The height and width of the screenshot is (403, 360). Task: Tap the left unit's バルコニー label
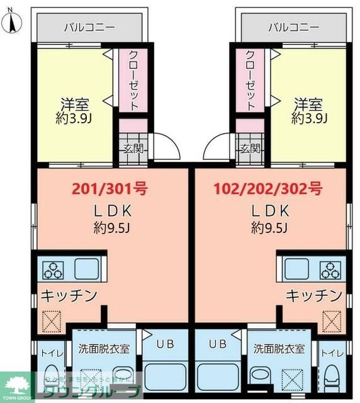[x=90, y=28]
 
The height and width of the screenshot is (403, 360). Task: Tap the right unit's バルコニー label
[x=293, y=28]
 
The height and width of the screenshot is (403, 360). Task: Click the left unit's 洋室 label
[x=74, y=103]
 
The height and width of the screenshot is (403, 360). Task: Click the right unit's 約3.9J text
[x=308, y=118]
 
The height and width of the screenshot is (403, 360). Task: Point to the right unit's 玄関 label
[x=250, y=149]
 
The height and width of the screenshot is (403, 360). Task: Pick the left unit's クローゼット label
[x=133, y=81]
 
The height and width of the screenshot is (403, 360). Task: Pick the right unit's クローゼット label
[x=250, y=81]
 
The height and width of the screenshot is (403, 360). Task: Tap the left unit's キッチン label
[x=69, y=295]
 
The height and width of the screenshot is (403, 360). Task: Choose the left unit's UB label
[x=165, y=344]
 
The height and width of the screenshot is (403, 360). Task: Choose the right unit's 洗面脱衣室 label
[x=279, y=348]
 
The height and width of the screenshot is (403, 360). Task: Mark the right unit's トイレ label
[x=331, y=353]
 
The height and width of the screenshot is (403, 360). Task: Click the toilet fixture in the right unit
[x=332, y=380]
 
